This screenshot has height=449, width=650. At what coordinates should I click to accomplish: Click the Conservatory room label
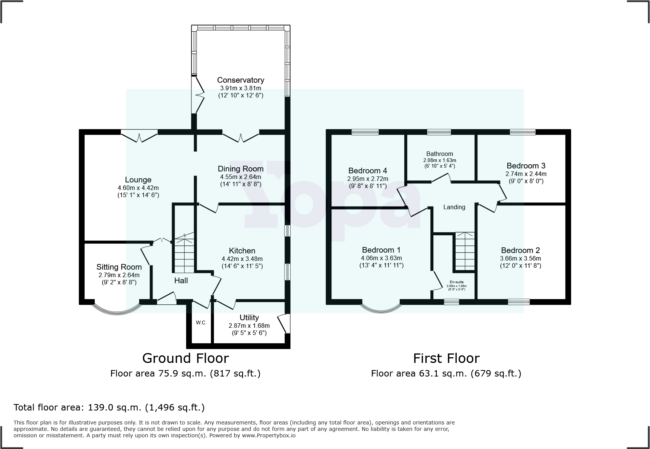click(x=240, y=80)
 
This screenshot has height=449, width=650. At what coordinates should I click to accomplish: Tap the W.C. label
click(x=201, y=322)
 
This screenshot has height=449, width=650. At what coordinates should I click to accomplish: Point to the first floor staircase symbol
click(x=465, y=251)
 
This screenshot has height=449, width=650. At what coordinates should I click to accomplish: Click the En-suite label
click(x=457, y=282)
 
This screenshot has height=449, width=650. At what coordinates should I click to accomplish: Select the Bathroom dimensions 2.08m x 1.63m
click(x=439, y=160)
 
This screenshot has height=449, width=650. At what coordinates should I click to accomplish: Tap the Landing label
click(x=454, y=207)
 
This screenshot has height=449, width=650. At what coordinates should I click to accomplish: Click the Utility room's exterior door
click(x=282, y=323)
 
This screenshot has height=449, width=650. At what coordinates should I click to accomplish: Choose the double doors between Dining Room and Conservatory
click(x=241, y=137)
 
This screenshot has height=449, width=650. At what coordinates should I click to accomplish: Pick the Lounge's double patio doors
click(x=139, y=136)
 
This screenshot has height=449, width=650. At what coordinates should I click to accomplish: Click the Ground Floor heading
click(x=185, y=358)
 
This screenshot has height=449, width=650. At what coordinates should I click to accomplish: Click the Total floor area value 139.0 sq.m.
click(x=114, y=407)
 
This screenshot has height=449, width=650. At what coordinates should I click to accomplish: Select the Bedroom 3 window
click(x=522, y=132)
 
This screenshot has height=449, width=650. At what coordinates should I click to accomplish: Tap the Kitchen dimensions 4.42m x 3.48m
click(x=242, y=259)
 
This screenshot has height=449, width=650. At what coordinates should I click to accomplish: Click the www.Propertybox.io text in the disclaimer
click(x=269, y=435)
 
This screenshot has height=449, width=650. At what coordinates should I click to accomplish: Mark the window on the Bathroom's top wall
click(x=439, y=132)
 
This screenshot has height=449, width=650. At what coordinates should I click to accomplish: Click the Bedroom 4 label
click(x=367, y=171)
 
